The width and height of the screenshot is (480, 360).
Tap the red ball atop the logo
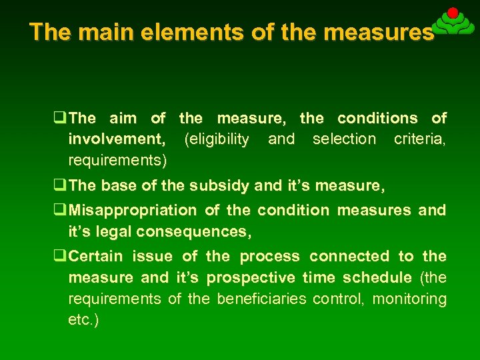[452, 13]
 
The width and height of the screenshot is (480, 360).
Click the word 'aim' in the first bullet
[122, 119]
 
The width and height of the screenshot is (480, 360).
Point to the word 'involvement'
[117, 139]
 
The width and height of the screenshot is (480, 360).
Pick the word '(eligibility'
[217, 139]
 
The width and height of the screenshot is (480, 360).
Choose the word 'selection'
[344, 139]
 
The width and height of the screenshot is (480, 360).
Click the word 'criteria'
[420, 139]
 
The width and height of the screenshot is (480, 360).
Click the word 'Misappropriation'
[133, 211]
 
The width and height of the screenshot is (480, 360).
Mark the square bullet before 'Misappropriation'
[61, 211]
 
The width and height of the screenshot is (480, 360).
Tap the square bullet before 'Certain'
[61, 256]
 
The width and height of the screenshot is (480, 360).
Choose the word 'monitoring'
[409, 299]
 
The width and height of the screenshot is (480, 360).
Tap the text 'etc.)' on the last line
[83, 319]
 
